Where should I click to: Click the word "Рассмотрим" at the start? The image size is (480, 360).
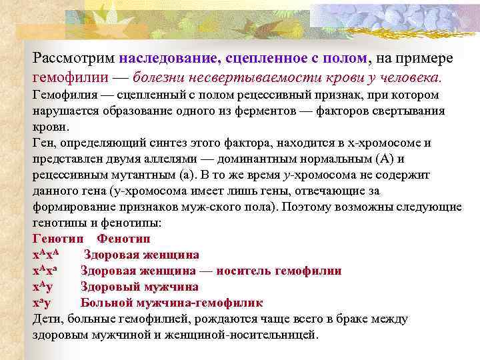(x=73, y=59)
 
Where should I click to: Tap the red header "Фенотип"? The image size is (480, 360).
(x=123, y=238)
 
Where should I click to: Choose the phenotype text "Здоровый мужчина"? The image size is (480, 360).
(x=139, y=287)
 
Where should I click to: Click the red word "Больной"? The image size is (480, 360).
(x=106, y=303)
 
